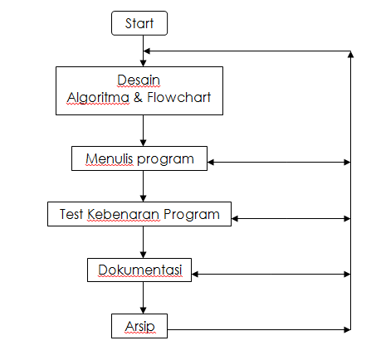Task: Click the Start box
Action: point(139,23)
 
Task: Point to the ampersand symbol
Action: point(137,98)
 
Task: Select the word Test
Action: point(72,214)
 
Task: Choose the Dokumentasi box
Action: point(139,270)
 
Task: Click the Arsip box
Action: point(139,325)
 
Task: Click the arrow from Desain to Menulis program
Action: point(144,131)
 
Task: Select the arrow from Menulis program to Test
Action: point(144,187)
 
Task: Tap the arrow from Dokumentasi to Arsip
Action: point(144,298)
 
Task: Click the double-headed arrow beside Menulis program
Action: point(279,162)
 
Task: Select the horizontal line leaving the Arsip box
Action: point(257,329)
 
